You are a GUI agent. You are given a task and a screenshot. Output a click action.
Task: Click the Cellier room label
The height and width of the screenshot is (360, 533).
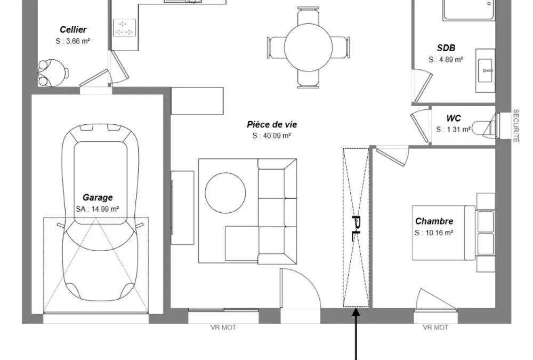pos(73,30)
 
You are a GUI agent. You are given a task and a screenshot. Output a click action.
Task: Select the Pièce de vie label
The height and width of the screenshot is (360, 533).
pos(272,125)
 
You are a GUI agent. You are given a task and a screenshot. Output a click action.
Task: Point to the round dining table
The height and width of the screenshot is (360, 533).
pos(308,47)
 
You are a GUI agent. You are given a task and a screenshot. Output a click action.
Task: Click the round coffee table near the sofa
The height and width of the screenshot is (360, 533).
pos(225,193)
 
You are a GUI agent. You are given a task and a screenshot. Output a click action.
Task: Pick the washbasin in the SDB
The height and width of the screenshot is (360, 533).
pos(485,70)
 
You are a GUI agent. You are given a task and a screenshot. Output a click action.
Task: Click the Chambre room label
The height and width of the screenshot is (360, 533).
pos(434,221)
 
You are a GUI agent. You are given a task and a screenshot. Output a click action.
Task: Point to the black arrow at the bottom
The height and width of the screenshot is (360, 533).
pos(356,334)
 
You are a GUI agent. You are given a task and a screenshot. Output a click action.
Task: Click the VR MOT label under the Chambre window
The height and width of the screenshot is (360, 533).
pos(435,327)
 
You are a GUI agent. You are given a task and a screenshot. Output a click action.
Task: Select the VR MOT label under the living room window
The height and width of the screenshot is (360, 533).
pos(223,327)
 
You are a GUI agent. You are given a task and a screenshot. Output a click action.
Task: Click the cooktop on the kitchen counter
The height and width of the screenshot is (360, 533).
pos(124,28)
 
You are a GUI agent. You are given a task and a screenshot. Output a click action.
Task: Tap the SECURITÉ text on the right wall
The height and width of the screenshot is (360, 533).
pos(515,125)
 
